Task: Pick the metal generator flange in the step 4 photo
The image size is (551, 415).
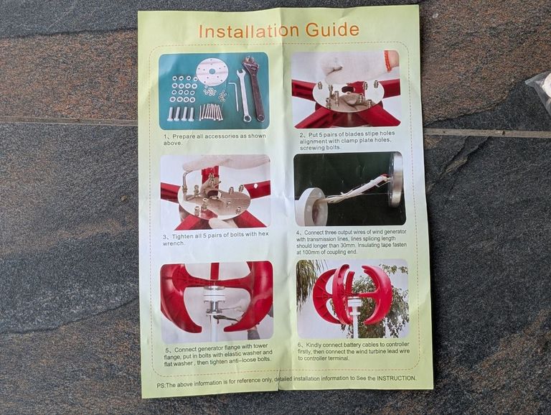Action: point(396,179)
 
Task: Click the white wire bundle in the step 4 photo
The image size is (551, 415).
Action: point(355,190)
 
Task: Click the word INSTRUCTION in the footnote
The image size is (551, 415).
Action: point(396,378)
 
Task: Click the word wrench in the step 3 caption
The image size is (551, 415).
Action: point(173,243)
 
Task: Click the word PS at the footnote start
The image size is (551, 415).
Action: point(161,385)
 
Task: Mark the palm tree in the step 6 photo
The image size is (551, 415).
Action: point(306,278)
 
